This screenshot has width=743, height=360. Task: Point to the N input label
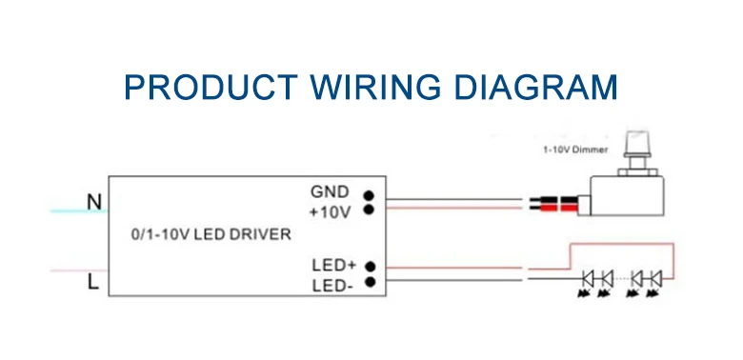click(93, 202)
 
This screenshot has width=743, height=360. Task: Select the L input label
click(93, 283)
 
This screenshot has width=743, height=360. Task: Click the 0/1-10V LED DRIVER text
click(211, 234)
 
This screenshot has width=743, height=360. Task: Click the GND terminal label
click(331, 191)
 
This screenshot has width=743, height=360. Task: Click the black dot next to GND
click(368, 191)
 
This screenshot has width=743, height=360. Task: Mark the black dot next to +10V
click(368, 209)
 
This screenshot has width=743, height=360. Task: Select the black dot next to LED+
click(368, 266)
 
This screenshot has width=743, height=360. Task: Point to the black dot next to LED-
click(368, 282)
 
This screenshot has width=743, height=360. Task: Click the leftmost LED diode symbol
click(589, 279)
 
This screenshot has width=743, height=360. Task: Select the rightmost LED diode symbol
click(654, 279)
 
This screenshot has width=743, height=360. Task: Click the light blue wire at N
click(76, 210)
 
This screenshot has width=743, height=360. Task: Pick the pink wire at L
click(76, 270)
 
